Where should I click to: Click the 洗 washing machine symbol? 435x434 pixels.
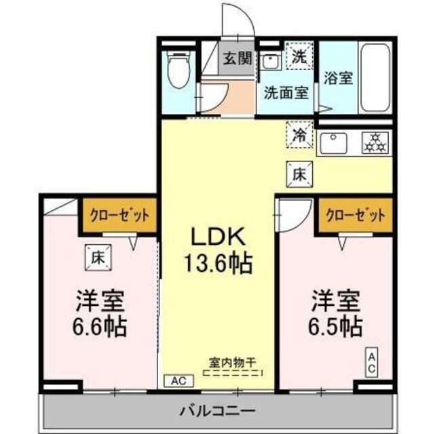299,58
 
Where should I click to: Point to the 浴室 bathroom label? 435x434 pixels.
339,77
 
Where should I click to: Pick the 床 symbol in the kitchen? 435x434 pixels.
299,173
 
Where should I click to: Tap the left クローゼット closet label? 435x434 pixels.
119,216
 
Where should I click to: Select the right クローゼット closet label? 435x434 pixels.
356,216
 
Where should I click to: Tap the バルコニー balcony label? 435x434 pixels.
217,410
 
